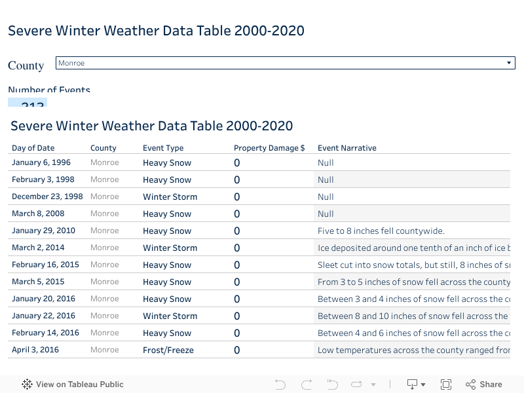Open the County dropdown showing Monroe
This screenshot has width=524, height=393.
click(285, 63)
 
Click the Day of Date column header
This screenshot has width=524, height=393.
click(33, 148)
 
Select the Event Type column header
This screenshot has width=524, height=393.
click(163, 148)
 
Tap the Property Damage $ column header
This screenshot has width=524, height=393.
click(269, 148)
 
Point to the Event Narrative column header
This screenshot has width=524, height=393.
click(347, 148)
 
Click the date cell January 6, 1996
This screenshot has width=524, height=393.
click(41, 162)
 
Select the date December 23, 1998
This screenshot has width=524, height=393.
click(47, 196)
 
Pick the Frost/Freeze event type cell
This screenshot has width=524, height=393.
click(168, 350)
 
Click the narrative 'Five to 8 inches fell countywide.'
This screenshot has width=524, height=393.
click(381, 231)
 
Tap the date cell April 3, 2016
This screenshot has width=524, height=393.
click(35, 350)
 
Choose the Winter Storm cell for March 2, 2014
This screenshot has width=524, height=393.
click(170, 248)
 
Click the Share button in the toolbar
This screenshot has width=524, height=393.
click(484, 384)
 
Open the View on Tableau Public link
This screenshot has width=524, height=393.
click(73, 384)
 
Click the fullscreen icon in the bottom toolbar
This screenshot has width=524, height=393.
click(446, 384)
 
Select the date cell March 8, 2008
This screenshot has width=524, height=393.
click(38, 214)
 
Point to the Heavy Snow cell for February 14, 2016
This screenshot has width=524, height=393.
click(167, 333)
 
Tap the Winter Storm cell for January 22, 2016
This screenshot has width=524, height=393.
click(170, 316)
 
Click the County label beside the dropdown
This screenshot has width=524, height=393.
click(26, 65)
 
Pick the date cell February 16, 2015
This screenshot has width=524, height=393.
click(45, 265)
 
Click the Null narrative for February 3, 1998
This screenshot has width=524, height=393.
click(326, 179)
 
